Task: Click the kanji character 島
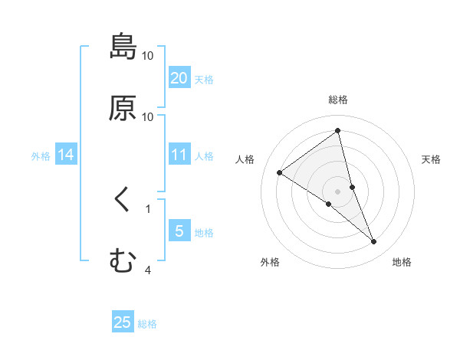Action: click(123, 47)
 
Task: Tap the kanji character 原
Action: click(123, 108)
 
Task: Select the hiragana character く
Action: click(122, 200)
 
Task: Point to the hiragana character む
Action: click(123, 261)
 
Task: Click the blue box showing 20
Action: click(179, 78)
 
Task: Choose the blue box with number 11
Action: click(179, 155)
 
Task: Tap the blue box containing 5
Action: click(179, 231)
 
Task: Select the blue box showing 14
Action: click(66, 155)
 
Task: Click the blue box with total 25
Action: click(123, 322)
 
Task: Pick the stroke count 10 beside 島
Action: click(147, 56)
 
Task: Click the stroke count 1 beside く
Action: click(147, 208)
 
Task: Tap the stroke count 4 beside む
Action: click(147, 270)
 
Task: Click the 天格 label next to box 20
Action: click(204, 80)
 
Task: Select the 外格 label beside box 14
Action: click(41, 156)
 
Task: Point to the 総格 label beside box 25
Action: click(147, 324)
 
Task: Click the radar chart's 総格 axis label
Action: click(338, 100)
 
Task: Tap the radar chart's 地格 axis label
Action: click(402, 263)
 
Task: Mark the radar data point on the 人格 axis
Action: click(280, 172)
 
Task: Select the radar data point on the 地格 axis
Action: click(374, 242)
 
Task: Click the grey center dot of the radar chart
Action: click(338, 191)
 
